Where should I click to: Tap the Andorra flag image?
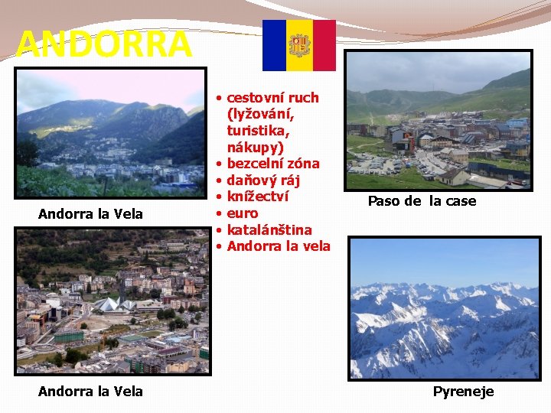[x=298, y=45]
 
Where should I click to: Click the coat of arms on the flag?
[x=298, y=45]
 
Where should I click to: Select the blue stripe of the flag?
[x=274, y=45]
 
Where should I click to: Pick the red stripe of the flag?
[x=324, y=45]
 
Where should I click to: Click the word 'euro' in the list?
[x=243, y=213]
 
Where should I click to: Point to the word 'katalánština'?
[x=269, y=229]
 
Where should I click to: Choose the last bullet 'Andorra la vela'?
[x=279, y=246]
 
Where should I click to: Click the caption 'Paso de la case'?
[x=422, y=201]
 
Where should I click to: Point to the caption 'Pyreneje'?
[x=463, y=392]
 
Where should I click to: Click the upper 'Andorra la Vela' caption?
[x=90, y=214]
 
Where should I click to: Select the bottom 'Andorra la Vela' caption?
[x=90, y=392]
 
